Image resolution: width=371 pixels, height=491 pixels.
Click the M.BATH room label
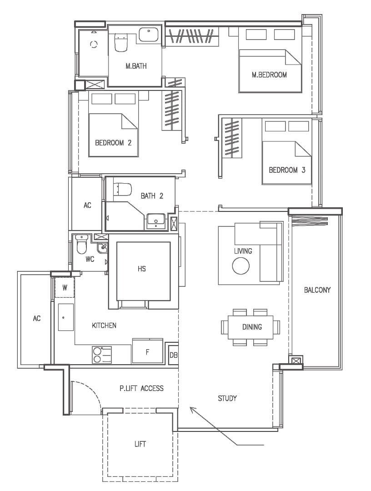pyautogui.click(x=136, y=66)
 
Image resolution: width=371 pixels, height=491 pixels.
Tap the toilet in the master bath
pyautogui.click(x=121, y=43)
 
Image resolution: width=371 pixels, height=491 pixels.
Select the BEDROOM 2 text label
pyautogui.click(x=113, y=143)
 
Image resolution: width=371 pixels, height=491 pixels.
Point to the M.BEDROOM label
pyautogui.click(x=269, y=75)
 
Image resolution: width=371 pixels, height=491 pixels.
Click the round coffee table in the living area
pyautogui.click(x=241, y=266)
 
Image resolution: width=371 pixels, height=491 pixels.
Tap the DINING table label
pyautogui.click(x=252, y=327)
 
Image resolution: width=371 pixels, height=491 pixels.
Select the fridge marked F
pyautogui.click(x=147, y=351)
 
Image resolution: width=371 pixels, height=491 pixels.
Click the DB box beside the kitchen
pyautogui.click(x=173, y=355)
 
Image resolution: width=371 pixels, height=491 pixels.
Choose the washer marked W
pyautogui.click(x=65, y=287)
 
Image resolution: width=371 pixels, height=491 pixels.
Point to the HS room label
pyautogui.click(x=141, y=269)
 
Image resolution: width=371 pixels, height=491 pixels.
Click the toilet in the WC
pyautogui.click(x=81, y=245)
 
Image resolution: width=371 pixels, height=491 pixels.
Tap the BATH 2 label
pyautogui.click(x=152, y=196)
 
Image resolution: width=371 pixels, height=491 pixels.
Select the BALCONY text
pyautogui.click(x=317, y=290)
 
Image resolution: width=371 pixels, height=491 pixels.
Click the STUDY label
pyautogui.click(x=227, y=399)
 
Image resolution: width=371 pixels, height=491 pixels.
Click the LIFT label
pyautogui.click(x=140, y=444)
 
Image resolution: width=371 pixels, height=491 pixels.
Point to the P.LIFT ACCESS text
pyautogui.click(x=141, y=389)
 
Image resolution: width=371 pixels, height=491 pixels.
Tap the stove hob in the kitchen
pyautogui.click(x=102, y=355)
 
